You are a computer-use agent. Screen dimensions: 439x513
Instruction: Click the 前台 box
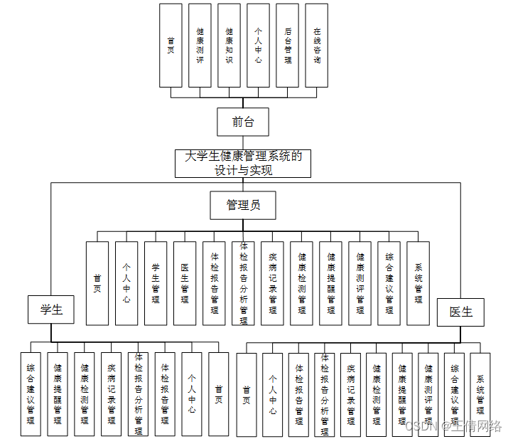(x=243, y=122)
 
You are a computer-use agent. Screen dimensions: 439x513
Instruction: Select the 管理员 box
(x=243, y=205)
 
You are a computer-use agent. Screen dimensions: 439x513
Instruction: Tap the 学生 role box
(x=51, y=310)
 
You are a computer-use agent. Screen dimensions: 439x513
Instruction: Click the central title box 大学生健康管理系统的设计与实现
(x=243, y=163)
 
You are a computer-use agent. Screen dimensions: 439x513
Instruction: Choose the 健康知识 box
(x=229, y=46)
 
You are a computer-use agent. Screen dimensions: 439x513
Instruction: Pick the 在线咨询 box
(x=316, y=46)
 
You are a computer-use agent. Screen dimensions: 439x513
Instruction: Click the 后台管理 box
(x=287, y=46)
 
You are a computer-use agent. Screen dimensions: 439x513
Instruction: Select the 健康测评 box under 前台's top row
(x=200, y=46)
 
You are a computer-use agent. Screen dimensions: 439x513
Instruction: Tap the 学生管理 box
(x=156, y=283)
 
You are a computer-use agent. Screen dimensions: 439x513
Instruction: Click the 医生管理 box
(x=185, y=283)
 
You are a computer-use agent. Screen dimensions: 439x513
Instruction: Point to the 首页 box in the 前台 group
(x=171, y=46)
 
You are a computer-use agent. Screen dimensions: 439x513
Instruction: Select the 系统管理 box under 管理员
(x=418, y=283)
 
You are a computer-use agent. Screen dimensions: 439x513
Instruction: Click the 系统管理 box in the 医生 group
(x=480, y=394)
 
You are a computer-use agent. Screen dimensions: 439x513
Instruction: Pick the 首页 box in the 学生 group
(x=219, y=394)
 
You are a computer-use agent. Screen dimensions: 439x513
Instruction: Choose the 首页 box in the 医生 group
(x=246, y=394)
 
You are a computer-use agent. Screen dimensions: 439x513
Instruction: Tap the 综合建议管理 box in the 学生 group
(x=31, y=394)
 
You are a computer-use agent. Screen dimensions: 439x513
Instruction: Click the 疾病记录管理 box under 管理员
(x=272, y=283)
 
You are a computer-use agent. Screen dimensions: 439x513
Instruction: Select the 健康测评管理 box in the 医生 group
(x=428, y=394)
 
